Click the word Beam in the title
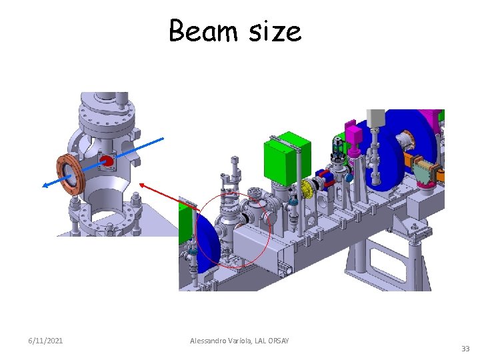(x=203, y=30)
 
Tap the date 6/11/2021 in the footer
(x=45, y=341)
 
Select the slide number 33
(x=465, y=349)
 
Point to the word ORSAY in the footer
(x=278, y=341)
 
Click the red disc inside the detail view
(x=107, y=161)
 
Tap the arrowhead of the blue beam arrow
(x=45, y=185)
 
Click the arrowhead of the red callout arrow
(x=142, y=185)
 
